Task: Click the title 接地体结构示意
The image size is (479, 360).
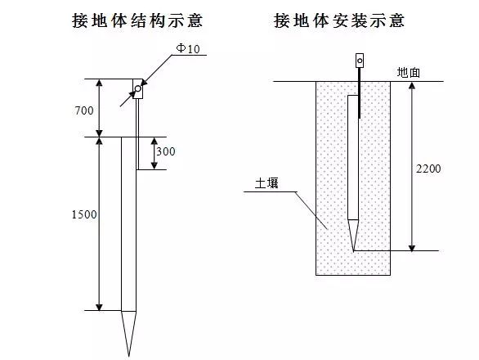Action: point(137,20)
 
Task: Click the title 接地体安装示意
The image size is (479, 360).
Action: point(339,20)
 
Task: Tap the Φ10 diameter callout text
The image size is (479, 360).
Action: point(188,48)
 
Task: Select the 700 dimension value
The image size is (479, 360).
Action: point(84,110)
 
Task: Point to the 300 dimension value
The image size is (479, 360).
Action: point(166,151)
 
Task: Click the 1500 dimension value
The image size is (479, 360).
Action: point(84,214)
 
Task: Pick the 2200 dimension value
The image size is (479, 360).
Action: point(428,169)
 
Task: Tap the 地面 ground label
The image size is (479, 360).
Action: point(409,73)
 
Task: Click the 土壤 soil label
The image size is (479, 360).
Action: point(266,183)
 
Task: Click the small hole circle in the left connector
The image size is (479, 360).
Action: point(138,88)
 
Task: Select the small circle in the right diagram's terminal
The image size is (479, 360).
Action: point(360,61)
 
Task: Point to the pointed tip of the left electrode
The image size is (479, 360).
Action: point(128,357)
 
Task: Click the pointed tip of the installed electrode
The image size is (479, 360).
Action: point(353,251)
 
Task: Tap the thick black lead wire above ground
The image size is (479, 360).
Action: point(360,74)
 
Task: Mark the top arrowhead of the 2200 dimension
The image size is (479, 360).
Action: point(412,85)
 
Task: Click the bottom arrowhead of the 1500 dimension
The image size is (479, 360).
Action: point(99,307)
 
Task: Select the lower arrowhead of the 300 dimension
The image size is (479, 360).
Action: point(154,166)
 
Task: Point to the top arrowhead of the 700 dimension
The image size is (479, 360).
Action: point(99,83)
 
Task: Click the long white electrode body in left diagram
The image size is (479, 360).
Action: point(128,224)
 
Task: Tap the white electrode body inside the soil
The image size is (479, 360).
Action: point(353,158)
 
